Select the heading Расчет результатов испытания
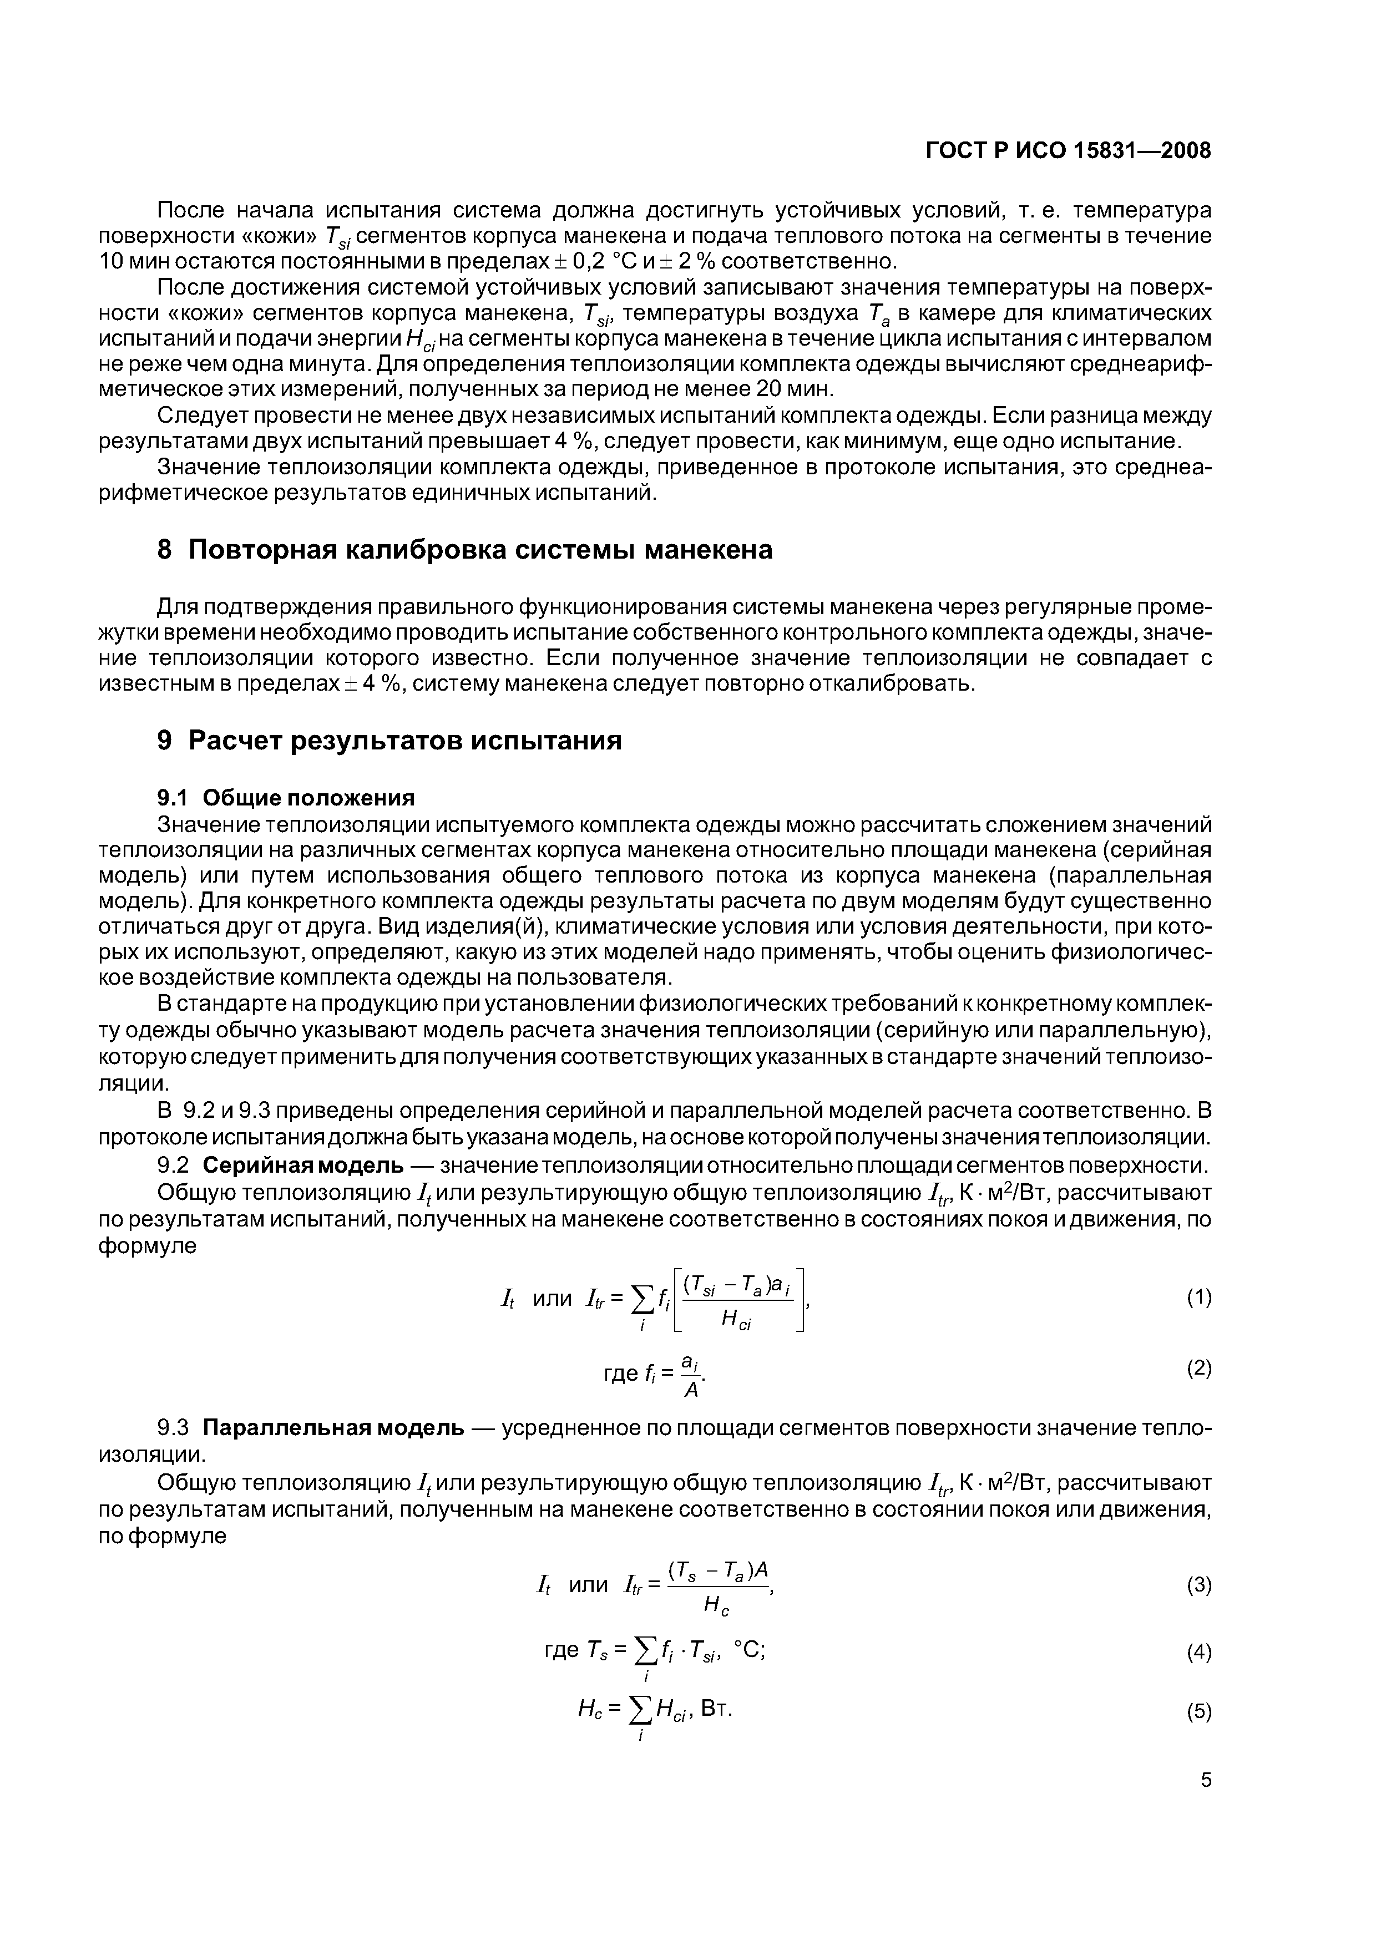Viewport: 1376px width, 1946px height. tap(404, 740)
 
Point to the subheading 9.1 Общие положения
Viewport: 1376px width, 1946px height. tap(286, 798)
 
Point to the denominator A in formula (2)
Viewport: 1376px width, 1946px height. tap(691, 1391)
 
